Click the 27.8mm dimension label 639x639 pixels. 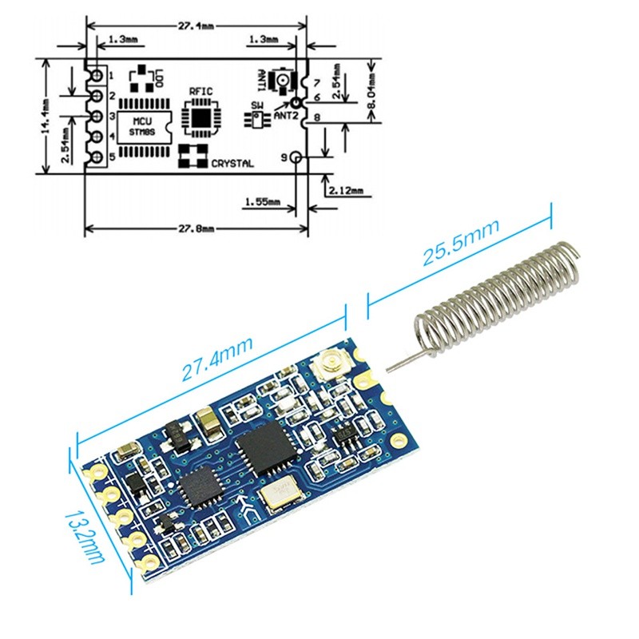pos(196,228)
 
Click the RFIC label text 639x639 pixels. pos(200,92)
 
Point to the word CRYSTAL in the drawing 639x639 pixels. pos(232,164)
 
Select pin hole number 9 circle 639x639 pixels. pos(297,157)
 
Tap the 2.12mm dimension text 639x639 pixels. pos(345,190)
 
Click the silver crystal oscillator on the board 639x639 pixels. pos(282,493)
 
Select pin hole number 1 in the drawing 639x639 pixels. pos(97,76)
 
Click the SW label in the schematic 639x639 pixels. pos(256,105)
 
